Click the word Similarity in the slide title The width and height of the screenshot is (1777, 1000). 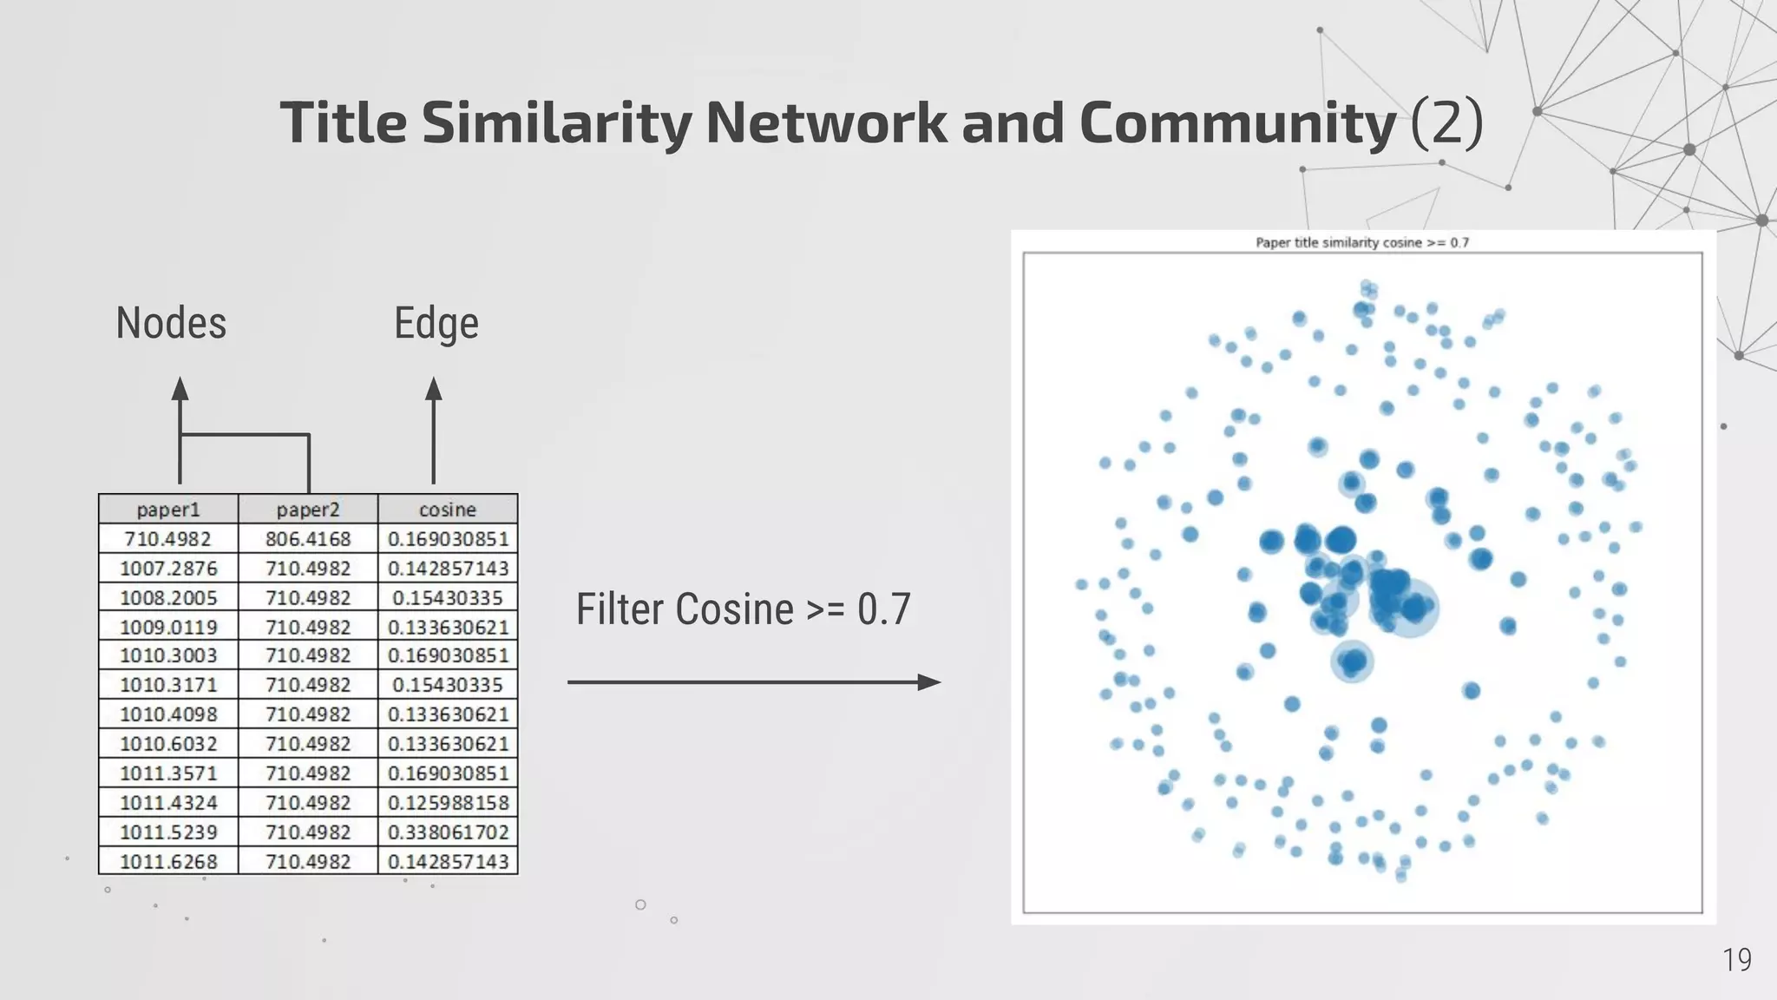point(556,122)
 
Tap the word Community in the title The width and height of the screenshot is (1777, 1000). point(1237,122)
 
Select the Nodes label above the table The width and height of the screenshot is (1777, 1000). point(171,323)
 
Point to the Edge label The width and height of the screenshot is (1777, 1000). point(436,323)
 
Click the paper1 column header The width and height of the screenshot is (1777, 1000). point(168,510)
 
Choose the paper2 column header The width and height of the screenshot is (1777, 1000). point(308,510)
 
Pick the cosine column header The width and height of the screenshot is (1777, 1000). point(448,510)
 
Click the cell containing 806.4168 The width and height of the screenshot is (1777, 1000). point(308,539)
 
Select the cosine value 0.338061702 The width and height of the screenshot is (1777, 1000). point(448,832)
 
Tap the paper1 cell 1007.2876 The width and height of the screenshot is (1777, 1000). point(168,569)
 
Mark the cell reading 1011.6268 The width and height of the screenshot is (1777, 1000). point(168,861)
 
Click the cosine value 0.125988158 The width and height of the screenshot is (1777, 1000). point(448,802)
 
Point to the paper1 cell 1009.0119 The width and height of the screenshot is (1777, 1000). point(168,627)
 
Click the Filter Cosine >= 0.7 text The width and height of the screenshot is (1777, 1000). point(743,609)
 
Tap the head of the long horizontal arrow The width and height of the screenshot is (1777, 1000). point(929,682)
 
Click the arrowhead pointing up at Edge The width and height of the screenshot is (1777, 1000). point(434,388)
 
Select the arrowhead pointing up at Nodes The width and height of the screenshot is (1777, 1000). point(180,388)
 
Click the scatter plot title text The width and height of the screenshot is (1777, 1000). point(1362,243)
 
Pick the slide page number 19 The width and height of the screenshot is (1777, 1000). point(1736,960)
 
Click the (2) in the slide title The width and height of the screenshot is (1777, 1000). point(1446,122)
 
